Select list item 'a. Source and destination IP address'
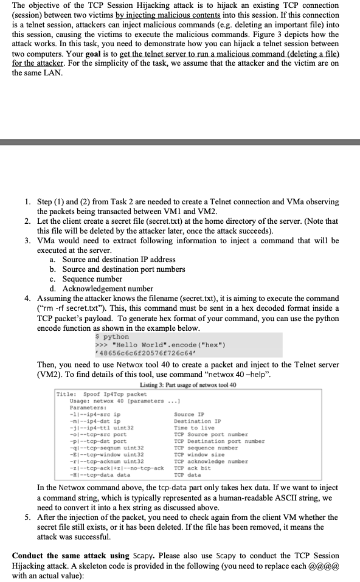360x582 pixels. point(112,260)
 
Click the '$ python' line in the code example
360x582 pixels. point(113,336)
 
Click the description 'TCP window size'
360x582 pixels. point(199,454)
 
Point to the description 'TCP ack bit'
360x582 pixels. point(192,468)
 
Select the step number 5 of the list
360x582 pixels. point(28,518)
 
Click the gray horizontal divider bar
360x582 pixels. point(180,142)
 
